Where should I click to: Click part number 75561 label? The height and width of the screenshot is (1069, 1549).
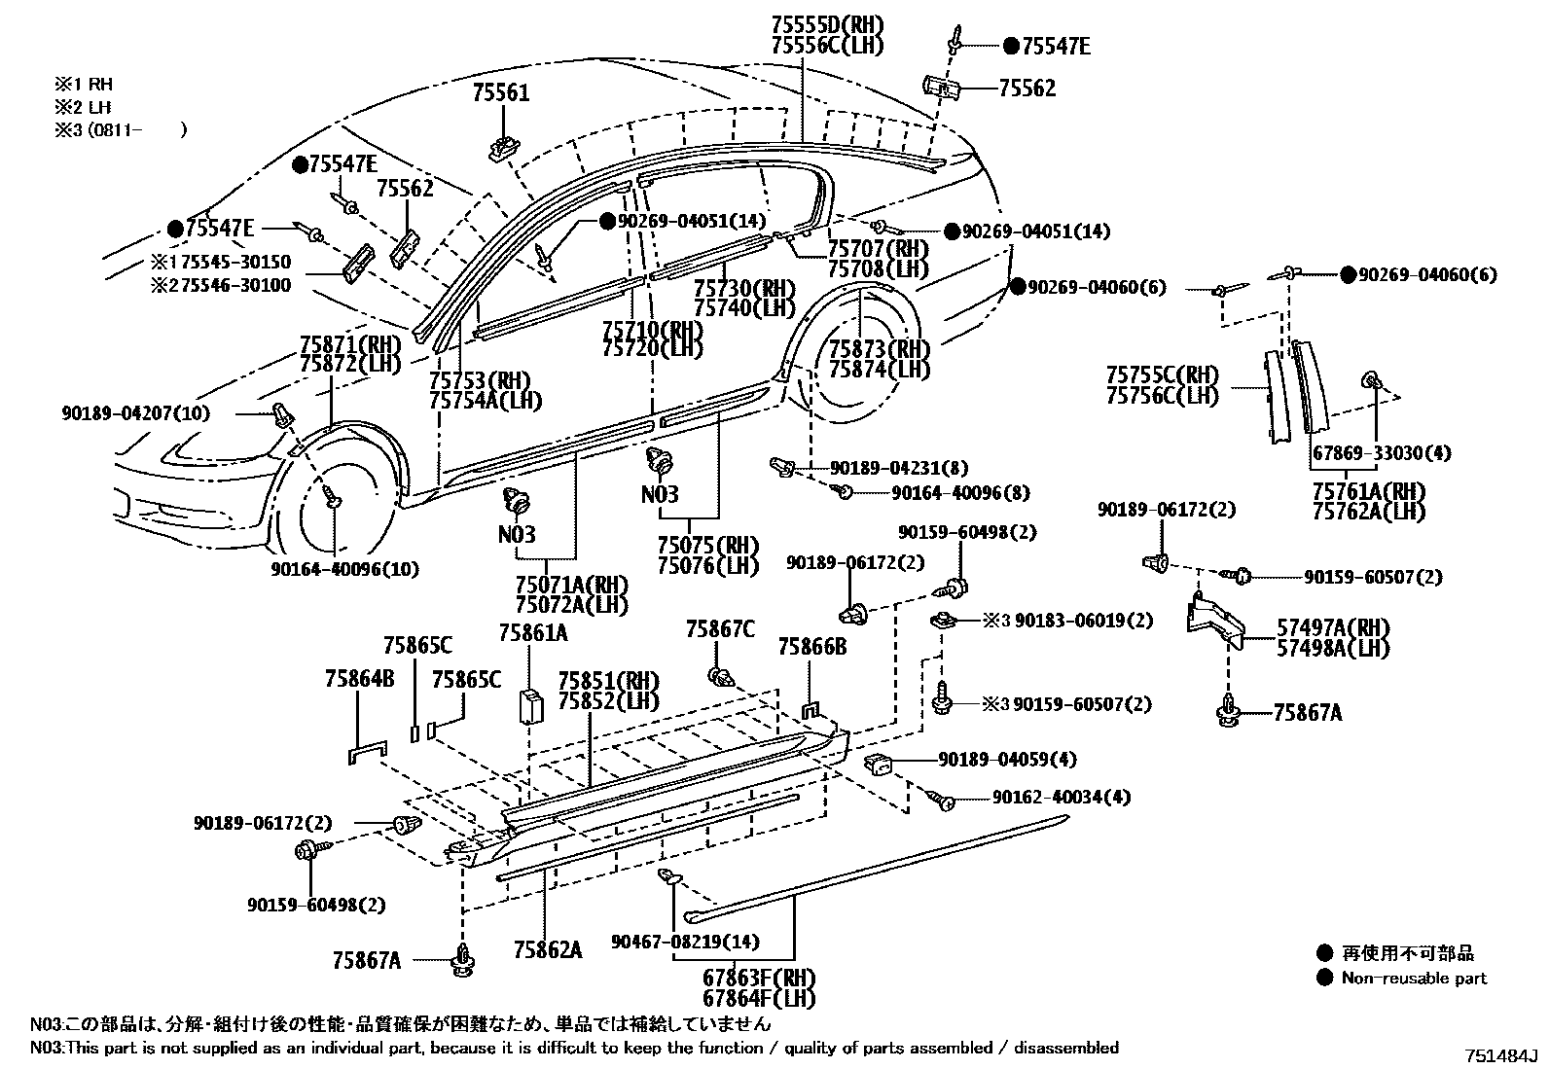pos(501,93)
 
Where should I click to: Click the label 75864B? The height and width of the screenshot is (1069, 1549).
pos(360,680)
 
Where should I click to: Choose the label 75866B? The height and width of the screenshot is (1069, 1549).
pos(812,646)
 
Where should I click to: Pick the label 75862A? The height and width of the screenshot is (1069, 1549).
pos(548,949)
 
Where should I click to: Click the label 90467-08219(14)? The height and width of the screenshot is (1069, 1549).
pos(685,942)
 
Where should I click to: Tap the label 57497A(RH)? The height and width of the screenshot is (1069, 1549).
pos(1333,627)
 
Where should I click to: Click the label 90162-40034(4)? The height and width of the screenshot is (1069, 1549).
pos(1062,798)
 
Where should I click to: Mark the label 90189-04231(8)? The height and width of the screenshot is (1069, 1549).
pos(899,468)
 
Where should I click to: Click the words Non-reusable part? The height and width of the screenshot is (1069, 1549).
pos(1414,978)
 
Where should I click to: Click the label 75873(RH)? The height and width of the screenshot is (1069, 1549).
pos(879,349)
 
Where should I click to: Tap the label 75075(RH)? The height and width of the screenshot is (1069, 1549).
pos(706,545)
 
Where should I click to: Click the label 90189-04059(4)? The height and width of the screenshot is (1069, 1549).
pos(1007,760)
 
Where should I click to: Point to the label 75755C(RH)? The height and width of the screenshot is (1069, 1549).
pos(1162,374)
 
